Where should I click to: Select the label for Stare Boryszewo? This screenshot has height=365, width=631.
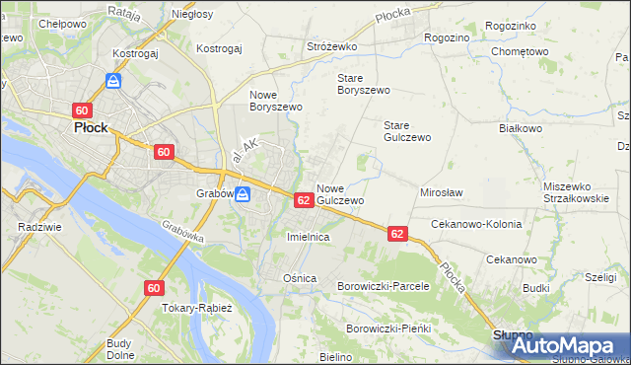pyautogui.click(x=364, y=83)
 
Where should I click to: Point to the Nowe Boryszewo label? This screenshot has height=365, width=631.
pyautogui.click(x=274, y=100)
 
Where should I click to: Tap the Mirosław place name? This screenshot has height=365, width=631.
pyautogui.click(x=442, y=193)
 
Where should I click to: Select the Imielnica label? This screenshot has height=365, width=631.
pyautogui.click(x=308, y=238)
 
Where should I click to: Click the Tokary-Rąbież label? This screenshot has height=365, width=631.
pyautogui.click(x=196, y=308)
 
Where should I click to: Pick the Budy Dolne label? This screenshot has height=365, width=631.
pyautogui.click(x=120, y=349)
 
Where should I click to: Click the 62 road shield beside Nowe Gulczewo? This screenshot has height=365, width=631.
pyautogui.click(x=304, y=200)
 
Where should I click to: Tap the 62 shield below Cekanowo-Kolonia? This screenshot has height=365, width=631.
pyautogui.click(x=397, y=234)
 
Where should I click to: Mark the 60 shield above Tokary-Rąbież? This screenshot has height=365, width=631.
pyautogui.click(x=153, y=288)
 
